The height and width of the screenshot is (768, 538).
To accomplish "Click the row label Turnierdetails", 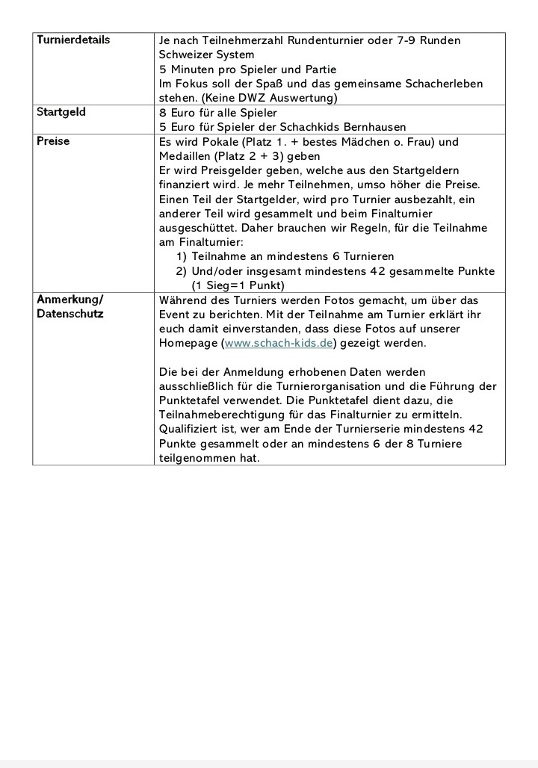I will [x=73, y=40].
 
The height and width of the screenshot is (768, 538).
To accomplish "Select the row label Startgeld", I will [x=61, y=112].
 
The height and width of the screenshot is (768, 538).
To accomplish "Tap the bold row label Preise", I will [x=52, y=141].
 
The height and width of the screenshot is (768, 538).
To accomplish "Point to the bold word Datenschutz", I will [x=70, y=314].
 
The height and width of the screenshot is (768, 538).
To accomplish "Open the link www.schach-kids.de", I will [x=279, y=343].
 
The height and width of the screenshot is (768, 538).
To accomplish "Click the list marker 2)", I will [x=181, y=271].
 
